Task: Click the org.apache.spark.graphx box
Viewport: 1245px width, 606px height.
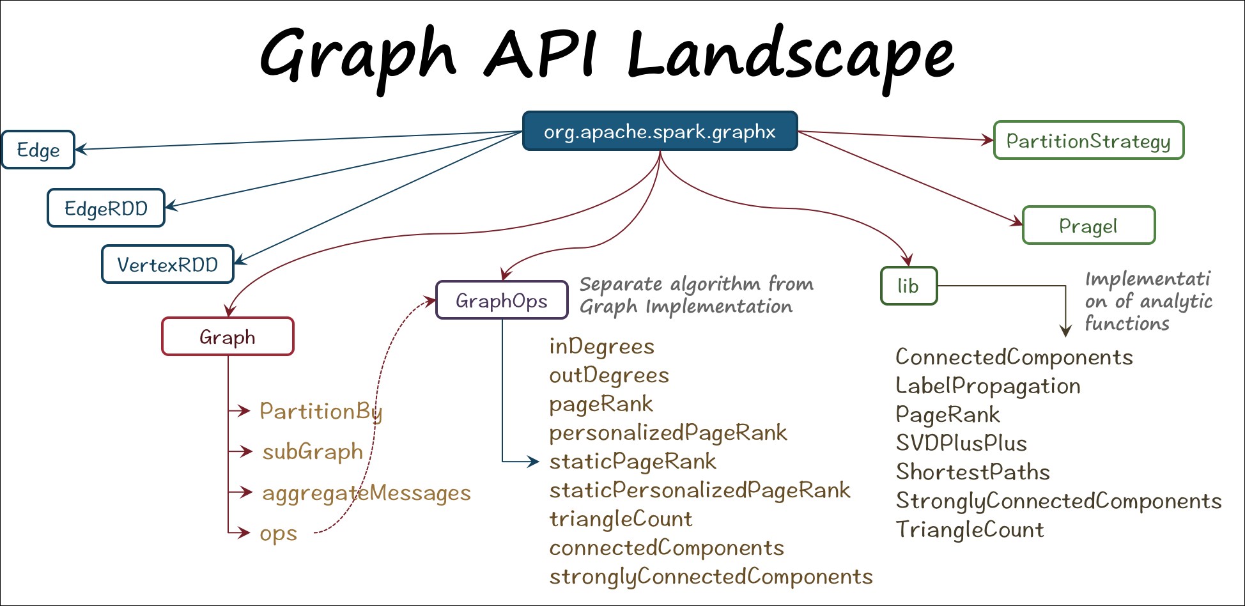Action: (x=660, y=131)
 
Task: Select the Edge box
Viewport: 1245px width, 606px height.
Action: (x=38, y=150)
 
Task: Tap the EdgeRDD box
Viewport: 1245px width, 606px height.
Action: (x=106, y=208)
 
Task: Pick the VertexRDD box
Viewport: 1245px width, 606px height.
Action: (x=167, y=264)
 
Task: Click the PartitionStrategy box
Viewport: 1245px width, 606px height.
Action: (x=1088, y=140)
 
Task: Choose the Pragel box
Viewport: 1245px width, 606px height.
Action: (x=1088, y=225)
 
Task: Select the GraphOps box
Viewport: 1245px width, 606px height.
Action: (x=502, y=300)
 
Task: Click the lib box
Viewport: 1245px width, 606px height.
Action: (x=908, y=286)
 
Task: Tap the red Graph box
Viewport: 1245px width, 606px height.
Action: (x=228, y=336)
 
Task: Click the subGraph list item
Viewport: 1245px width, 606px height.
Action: (x=313, y=451)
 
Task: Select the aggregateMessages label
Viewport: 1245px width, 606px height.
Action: (x=366, y=493)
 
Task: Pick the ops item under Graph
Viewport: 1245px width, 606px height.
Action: (x=278, y=533)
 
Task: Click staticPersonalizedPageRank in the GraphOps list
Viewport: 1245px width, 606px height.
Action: (x=700, y=490)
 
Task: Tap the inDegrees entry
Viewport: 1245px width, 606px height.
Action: (x=601, y=346)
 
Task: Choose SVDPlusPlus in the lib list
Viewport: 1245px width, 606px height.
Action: (x=961, y=443)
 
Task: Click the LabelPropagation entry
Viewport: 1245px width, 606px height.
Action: (x=988, y=386)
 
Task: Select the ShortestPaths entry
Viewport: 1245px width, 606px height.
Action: (x=973, y=472)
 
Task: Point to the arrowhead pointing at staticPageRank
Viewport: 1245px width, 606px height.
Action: (x=534, y=461)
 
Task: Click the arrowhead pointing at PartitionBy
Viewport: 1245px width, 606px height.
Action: (x=244, y=410)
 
